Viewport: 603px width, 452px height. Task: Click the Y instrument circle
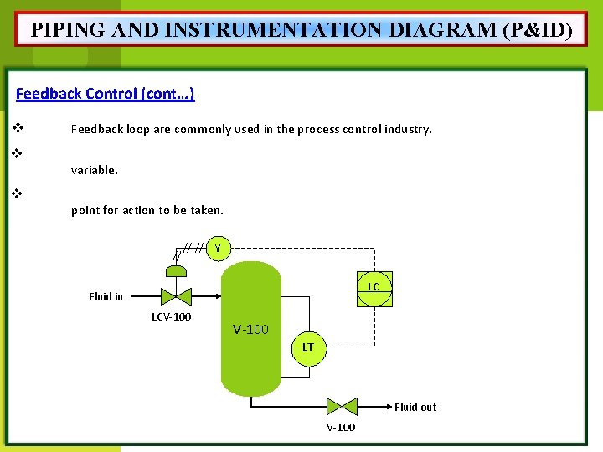pyautogui.click(x=218, y=249)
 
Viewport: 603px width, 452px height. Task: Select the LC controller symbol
pyautogui.click(x=374, y=288)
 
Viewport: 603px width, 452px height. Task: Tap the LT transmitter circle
pyautogui.click(x=308, y=347)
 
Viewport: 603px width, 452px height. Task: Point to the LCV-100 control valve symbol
pyautogui.click(x=177, y=295)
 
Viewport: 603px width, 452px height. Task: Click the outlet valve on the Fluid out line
pyautogui.click(x=342, y=407)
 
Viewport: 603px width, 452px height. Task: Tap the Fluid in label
pyautogui.click(x=106, y=296)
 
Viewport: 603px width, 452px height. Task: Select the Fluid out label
pyautogui.click(x=415, y=408)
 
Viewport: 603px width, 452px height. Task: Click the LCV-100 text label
pyautogui.click(x=171, y=317)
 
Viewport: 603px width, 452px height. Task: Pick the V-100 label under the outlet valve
pyautogui.click(x=340, y=428)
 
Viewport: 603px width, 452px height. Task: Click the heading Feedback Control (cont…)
pyautogui.click(x=106, y=94)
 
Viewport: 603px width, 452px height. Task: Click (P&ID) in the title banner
pyautogui.click(x=538, y=30)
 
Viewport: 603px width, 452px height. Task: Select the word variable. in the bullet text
pyautogui.click(x=95, y=170)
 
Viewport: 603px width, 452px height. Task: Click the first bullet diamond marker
pyautogui.click(x=16, y=129)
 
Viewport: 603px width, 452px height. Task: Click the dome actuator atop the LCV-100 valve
pyautogui.click(x=177, y=270)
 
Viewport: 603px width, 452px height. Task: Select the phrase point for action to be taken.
pyautogui.click(x=147, y=210)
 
